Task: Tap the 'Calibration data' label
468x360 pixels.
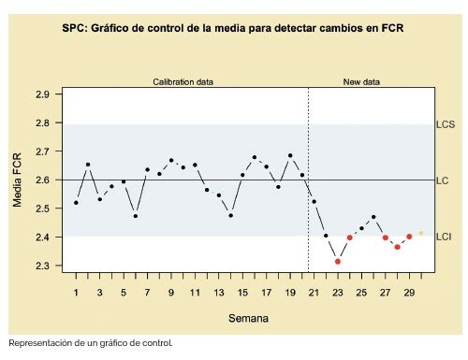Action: pos(183,82)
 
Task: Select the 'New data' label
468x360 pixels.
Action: pos(361,82)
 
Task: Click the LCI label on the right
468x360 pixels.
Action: pos(444,238)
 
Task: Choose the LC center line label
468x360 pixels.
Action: pos(442,180)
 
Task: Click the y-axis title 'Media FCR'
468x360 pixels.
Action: pos(18,180)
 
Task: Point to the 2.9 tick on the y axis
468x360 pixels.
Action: pos(42,95)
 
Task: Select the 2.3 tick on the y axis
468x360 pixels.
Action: pos(42,266)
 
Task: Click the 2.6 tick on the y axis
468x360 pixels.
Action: pos(42,180)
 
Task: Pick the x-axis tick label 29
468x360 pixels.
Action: pos(409,293)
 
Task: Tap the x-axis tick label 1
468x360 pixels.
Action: pos(76,293)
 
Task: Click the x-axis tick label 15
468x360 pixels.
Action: pos(242,293)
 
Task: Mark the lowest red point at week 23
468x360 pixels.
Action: pos(338,261)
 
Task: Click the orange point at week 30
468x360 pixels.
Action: pos(421,233)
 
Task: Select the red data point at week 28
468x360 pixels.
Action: pos(397,247)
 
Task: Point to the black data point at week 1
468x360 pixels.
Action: pos(76,202)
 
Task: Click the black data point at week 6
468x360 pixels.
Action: pos(136,216)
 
